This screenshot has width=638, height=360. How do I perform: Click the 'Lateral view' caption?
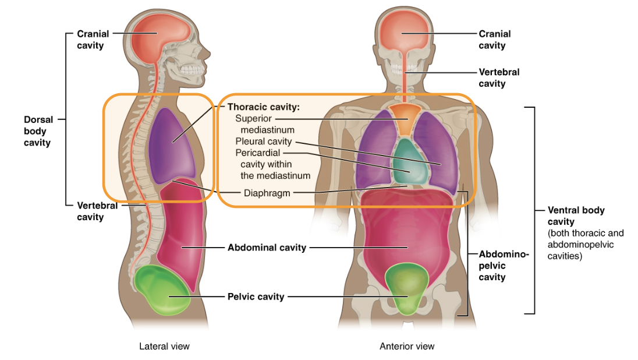coord(164,346)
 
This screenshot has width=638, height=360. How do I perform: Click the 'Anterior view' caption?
coord(407,346)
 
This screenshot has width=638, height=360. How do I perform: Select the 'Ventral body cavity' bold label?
coord(576,216)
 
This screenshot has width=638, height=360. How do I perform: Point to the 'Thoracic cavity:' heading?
coord(263,107)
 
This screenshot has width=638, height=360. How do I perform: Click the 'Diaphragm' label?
coord(267,193)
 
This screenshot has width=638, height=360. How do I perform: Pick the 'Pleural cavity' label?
coord(264,142)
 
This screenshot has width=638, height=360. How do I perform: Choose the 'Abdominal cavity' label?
coord(267,248)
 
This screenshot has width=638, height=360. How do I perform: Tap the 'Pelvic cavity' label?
coord(256,297)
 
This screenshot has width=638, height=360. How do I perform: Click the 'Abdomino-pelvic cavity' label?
coord(504,266)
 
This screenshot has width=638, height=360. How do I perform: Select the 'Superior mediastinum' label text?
coord(264,124)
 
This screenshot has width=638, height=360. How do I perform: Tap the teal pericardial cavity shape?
coord(410,162)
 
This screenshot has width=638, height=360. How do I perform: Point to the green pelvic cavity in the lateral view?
coord(162,290)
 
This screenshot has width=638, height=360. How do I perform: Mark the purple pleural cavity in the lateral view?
coord(172,146)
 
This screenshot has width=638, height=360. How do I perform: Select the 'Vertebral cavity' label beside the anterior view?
coord(499,78)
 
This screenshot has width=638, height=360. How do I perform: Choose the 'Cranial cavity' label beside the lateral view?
coord(93,40)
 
